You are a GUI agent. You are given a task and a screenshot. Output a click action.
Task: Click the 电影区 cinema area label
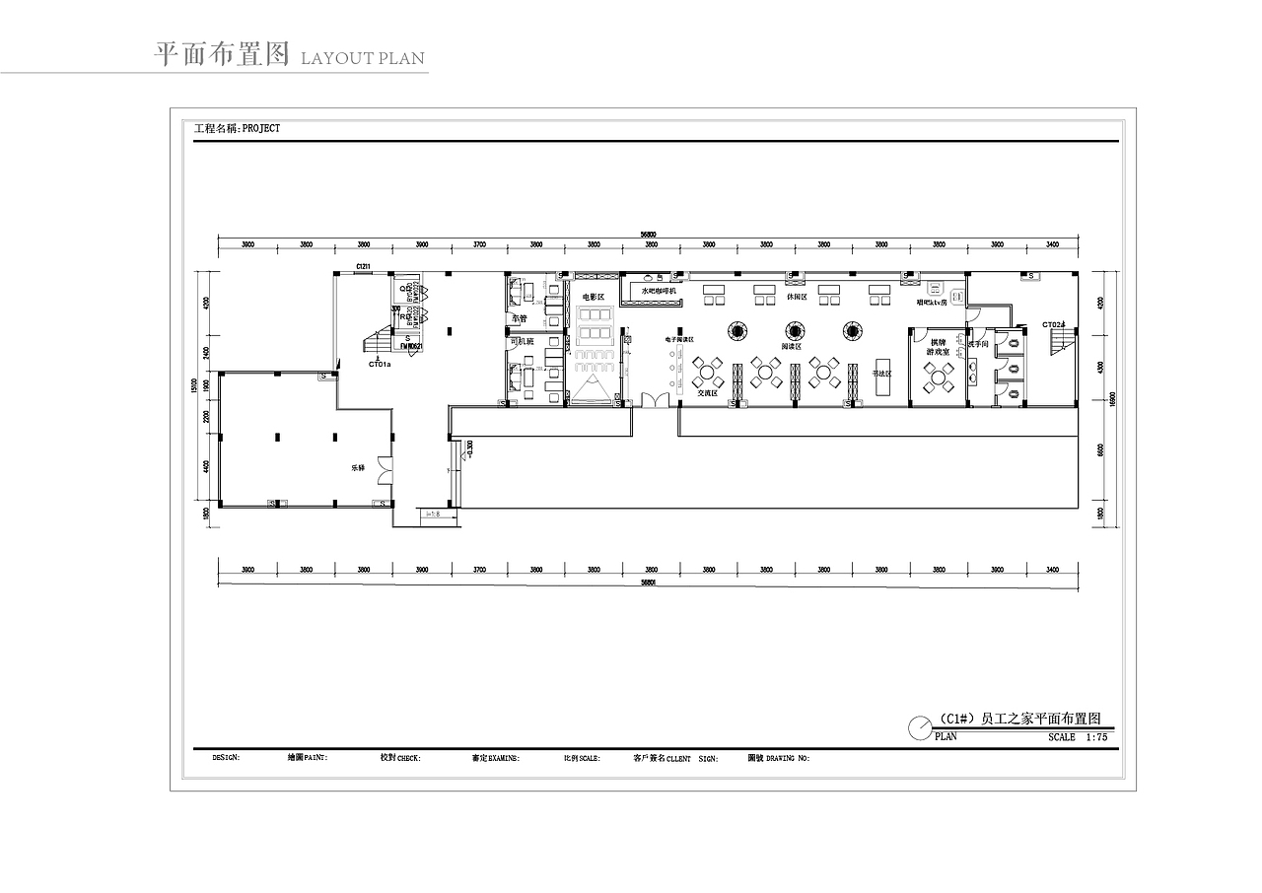[593, 297]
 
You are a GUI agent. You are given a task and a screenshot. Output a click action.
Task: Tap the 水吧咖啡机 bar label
[659, 291]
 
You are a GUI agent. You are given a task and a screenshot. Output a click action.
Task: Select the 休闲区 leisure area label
[797, 297]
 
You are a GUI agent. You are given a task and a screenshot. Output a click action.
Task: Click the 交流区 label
[707, 392]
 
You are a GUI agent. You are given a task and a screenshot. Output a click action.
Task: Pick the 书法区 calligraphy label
[881, 374]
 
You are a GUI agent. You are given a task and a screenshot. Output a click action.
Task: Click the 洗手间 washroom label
[978, 344]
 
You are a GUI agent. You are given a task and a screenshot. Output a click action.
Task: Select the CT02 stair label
[1054, 324]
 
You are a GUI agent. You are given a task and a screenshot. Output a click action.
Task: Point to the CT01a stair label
[380, 364]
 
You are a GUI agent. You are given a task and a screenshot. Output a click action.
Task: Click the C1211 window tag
[363, 267]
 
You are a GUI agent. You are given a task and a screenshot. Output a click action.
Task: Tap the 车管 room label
[519, 318]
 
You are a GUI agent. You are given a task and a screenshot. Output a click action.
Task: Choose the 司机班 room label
[521, 341]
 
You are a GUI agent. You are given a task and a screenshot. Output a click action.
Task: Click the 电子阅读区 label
[679, 338]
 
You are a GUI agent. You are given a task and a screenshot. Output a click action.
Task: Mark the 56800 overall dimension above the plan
[648, 235]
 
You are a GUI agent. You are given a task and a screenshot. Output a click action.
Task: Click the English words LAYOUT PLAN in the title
[362, 58]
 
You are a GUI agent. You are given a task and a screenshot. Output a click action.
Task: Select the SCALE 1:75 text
[1078, 736]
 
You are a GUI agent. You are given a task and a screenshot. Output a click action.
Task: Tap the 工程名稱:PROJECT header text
[238, 128]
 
